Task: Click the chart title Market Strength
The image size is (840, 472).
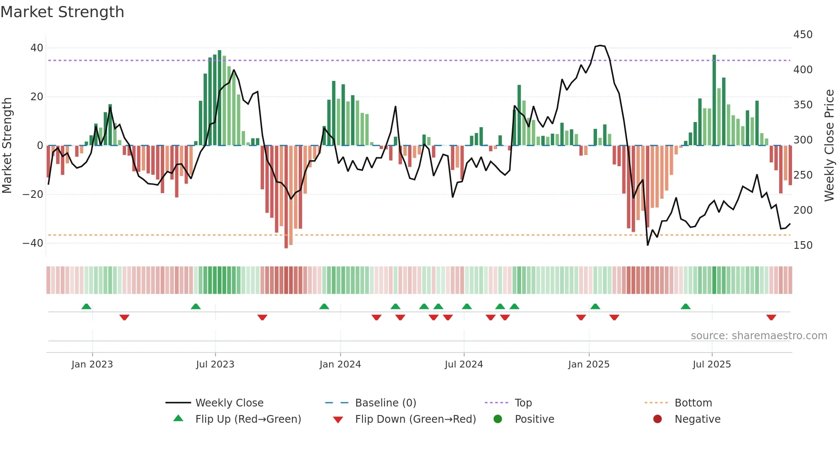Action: tap(62, 12)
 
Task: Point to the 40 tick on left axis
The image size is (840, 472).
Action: tap(37, 48)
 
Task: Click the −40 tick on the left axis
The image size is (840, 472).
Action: tap(33, 243)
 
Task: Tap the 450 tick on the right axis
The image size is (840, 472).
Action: tap(803, 35)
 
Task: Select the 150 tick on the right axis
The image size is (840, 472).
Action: tap(803, 245)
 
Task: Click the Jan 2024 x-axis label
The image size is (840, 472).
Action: tap(340, 364)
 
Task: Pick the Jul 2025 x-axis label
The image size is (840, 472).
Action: tap(711, 364)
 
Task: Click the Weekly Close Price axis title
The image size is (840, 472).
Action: tap(829, 146)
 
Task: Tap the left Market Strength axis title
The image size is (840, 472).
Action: tap(7, 146)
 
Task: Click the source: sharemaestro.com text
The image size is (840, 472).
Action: tap(759, 336)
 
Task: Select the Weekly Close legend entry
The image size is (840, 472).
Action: tap(229, 403)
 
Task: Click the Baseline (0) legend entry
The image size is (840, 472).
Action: tap(385, 403)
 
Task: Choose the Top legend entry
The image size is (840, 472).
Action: tap(523, 403)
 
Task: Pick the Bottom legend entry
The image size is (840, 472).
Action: tap(693, 403)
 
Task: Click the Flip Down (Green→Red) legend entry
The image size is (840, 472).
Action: tap(415, 419)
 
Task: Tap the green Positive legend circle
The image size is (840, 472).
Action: tap(498, 419)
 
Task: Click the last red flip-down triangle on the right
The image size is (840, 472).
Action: tap(771, 317)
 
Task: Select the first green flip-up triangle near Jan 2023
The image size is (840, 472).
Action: tap(86, 306)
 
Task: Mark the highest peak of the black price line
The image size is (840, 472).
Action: tap(600, 45)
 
